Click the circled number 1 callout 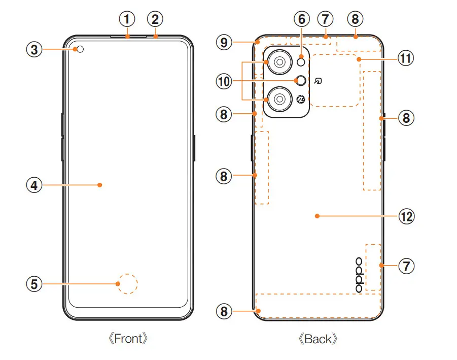point(127,20)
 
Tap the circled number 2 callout point(155,20)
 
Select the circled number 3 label point(34,49)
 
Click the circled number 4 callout point(34,185)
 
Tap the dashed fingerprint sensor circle point(127,283)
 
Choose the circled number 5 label point(34,283)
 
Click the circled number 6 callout point(302,20)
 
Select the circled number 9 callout point(223,42)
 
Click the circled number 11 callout point(405,59)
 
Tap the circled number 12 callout point(405,216)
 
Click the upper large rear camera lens point(278,62)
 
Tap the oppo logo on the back point(359,275)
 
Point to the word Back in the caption point(318,339)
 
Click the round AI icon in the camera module point(301,99)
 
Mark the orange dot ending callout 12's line point(317,216)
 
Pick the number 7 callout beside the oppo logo point(405,265)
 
